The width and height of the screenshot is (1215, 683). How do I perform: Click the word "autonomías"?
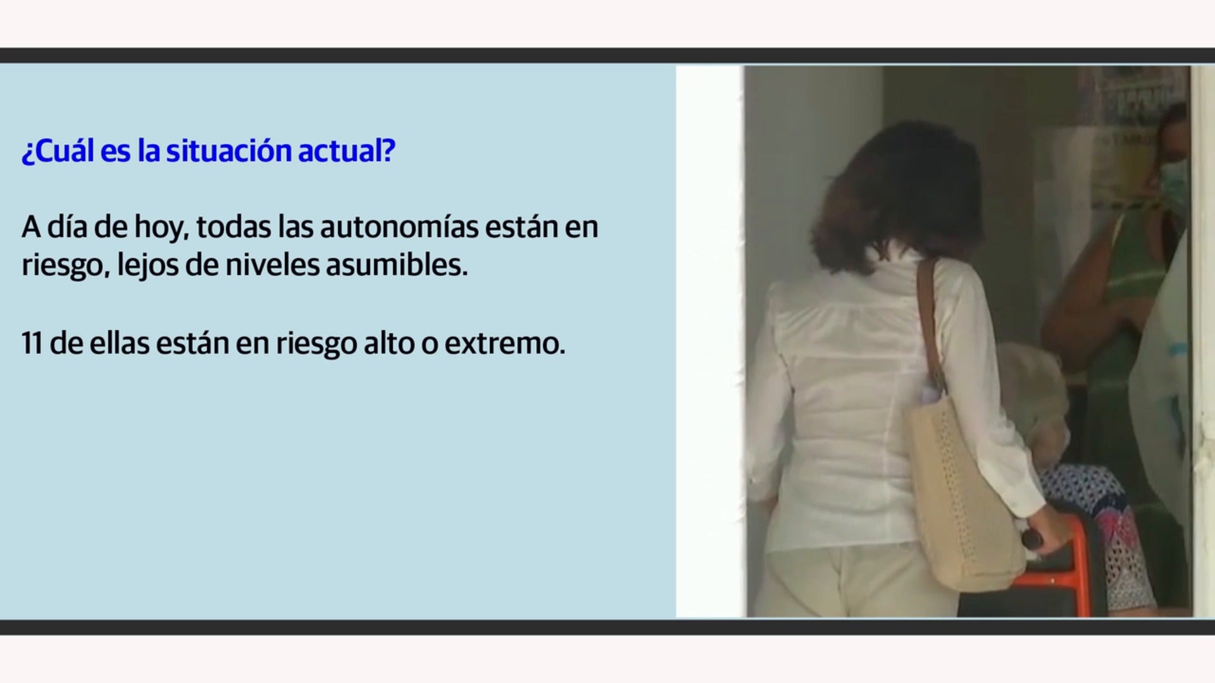coord(399,227)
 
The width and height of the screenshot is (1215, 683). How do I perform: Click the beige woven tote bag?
coord(962,493)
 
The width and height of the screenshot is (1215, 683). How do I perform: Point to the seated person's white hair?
coord(1031,386)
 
